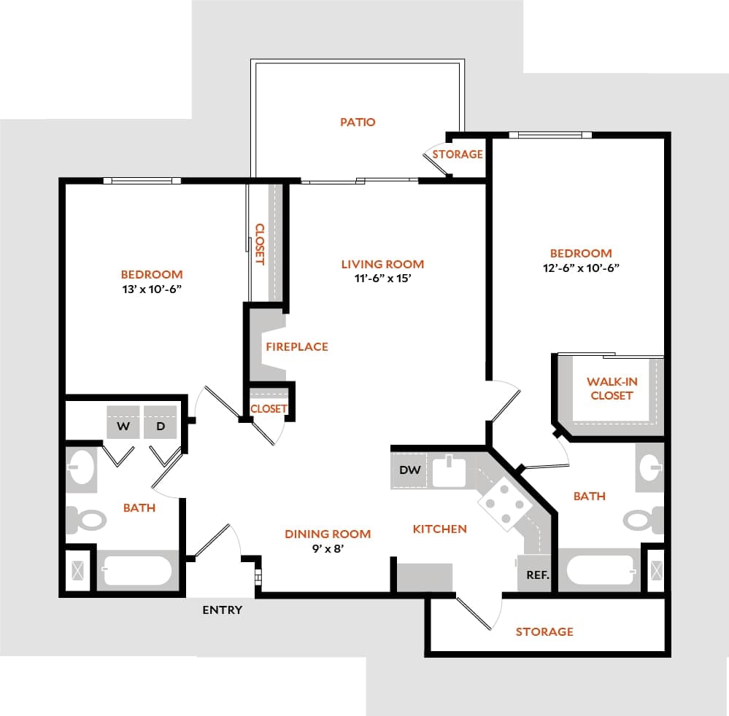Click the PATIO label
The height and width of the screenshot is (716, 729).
click(x=358, y=122)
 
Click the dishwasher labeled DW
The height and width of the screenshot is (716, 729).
click(x=410, y=470)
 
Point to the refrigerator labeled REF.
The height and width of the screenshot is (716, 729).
click(x=537, y=574)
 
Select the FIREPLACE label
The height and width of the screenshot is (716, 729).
click(x=296, y=346)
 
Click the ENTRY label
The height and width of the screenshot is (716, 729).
click(x=222, y=610)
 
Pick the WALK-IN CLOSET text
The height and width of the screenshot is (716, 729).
click(x=611, y=389)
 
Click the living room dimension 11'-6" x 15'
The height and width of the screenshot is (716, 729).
click(x=382, y=278)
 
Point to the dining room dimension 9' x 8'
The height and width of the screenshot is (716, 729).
click(x=328, y=548)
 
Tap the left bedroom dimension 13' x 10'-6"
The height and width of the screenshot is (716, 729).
click(x=152, y=288)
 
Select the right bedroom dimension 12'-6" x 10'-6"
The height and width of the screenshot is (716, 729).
click(x=581, y=267)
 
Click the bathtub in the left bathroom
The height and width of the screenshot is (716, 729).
click(x=136, y=570)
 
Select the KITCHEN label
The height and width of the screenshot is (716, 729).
click(x=439, y=529)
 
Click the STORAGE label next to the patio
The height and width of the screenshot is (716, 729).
click(x=458, y=155)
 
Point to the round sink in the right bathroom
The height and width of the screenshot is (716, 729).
click(x=650, y=467)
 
